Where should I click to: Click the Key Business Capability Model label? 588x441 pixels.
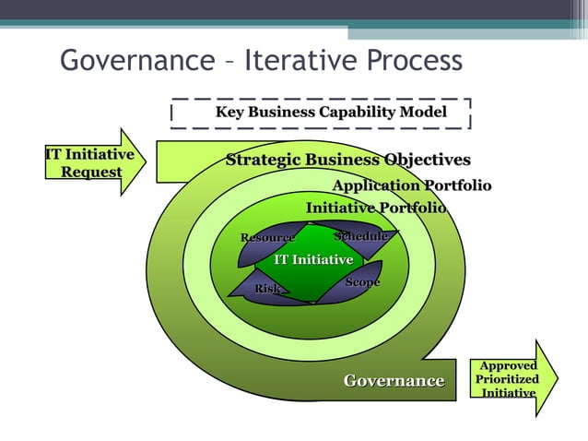coord(331,113)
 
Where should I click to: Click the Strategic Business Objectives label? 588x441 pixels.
coord(347,161)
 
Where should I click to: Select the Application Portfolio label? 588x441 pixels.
coord(411,185)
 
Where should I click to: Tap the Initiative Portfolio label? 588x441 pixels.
coord(376,208)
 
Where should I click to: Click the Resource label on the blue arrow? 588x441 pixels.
coord(267,237)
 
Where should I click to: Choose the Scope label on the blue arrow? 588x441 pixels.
coord(362,281)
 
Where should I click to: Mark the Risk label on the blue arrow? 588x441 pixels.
coord(267,289)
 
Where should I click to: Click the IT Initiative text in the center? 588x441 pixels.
coord(313,259)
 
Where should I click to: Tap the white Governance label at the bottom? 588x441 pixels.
coord(394,381)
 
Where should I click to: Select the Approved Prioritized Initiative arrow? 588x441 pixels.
coord(512,379)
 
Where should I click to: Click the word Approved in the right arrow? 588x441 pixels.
coord(509,366)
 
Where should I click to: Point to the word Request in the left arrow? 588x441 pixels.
coord(91,173)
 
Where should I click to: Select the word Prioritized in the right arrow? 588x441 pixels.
coord(507,379)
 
